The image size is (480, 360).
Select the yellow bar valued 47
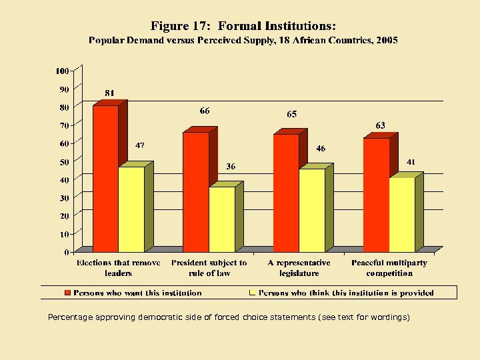click(131, 209)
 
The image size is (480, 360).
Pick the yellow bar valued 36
click(222, 219)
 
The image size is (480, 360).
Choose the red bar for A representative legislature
click(286, 193)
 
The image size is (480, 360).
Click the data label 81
click(109, 93)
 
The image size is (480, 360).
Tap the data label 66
click(205, 111)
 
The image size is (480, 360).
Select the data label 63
click(380, 125)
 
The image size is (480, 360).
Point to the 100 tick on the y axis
click(62, 71)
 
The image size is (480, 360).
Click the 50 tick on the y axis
click(64, 162)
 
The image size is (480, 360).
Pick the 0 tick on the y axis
click(67, 253)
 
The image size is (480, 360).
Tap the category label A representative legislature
click(299, 268)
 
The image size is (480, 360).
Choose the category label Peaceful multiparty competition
click(389, 268)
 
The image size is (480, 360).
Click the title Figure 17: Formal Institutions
click(243, 26)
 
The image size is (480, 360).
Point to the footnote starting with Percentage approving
click(229, 317)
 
